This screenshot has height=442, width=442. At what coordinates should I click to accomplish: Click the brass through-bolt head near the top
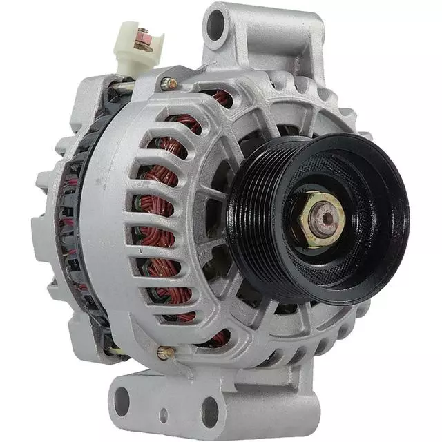click(x=168, y=84)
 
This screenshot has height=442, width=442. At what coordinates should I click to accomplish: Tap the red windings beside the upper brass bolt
click(x=220, y=97)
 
